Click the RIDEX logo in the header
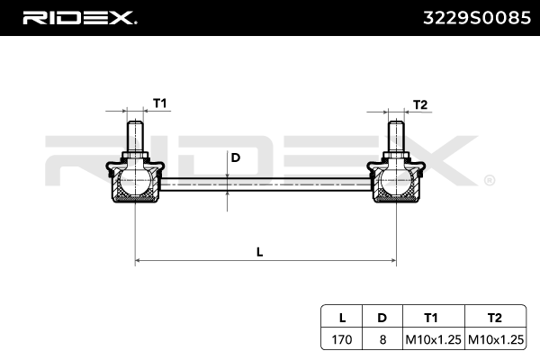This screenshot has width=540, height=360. [78, 17]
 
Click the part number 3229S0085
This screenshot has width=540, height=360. [471, 17]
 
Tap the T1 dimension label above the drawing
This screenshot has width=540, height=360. [159, 103]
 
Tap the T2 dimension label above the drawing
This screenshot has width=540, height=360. [419, 103]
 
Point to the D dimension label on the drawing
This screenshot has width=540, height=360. [235, 157]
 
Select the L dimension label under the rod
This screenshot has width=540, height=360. [259, 252]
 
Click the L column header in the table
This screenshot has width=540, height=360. [342, 317]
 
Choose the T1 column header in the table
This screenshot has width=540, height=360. [431, 317]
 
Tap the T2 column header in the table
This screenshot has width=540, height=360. [494, 317]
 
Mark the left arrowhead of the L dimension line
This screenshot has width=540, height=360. [139, 261]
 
